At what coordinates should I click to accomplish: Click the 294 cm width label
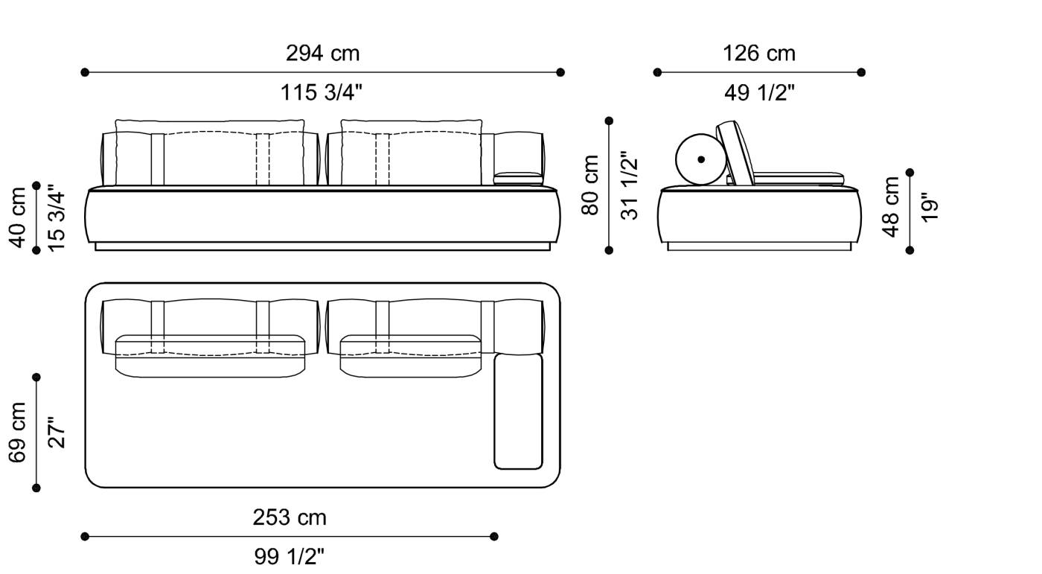point(322,54)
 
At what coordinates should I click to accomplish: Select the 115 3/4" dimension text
point(322,93)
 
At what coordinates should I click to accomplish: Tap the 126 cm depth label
point(758,54)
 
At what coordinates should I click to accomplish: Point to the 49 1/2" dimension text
point(759,93)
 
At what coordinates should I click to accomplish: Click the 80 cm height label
point(590,185)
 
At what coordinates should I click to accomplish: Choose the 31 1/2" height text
point(630,185)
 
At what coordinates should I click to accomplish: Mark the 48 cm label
point(890,206)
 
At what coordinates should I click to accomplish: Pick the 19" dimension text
point(930,207)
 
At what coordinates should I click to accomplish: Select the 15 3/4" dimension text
point(57,216)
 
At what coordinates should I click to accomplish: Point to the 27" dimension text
point(57,433)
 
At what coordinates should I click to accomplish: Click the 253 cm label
point(290,517)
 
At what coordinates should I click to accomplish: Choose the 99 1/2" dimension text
point(290,557)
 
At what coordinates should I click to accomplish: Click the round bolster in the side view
point(700,159)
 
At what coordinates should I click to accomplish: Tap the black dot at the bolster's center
point(701,159)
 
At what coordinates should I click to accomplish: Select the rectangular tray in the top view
point(518,412)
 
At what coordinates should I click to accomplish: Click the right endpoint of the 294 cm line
point(560,72)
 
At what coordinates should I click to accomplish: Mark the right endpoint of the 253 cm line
point(494,536)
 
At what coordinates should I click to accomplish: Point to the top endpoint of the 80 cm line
point(610,121)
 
